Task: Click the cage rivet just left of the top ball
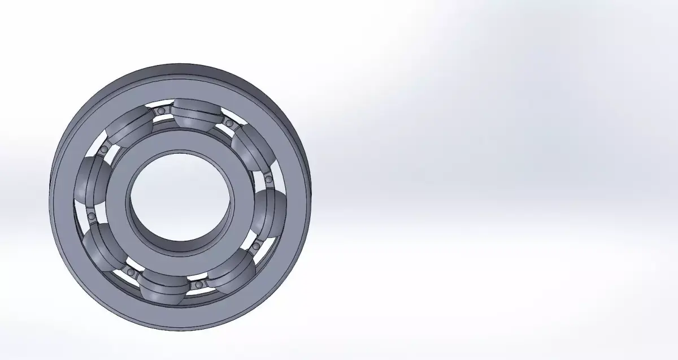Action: tap(161, 112)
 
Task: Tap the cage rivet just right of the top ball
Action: tap(229, 123)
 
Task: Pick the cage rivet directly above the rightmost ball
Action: tap(269, 180)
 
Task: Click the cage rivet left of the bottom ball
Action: tap(132, 272)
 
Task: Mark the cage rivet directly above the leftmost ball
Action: tap(105, 149)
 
